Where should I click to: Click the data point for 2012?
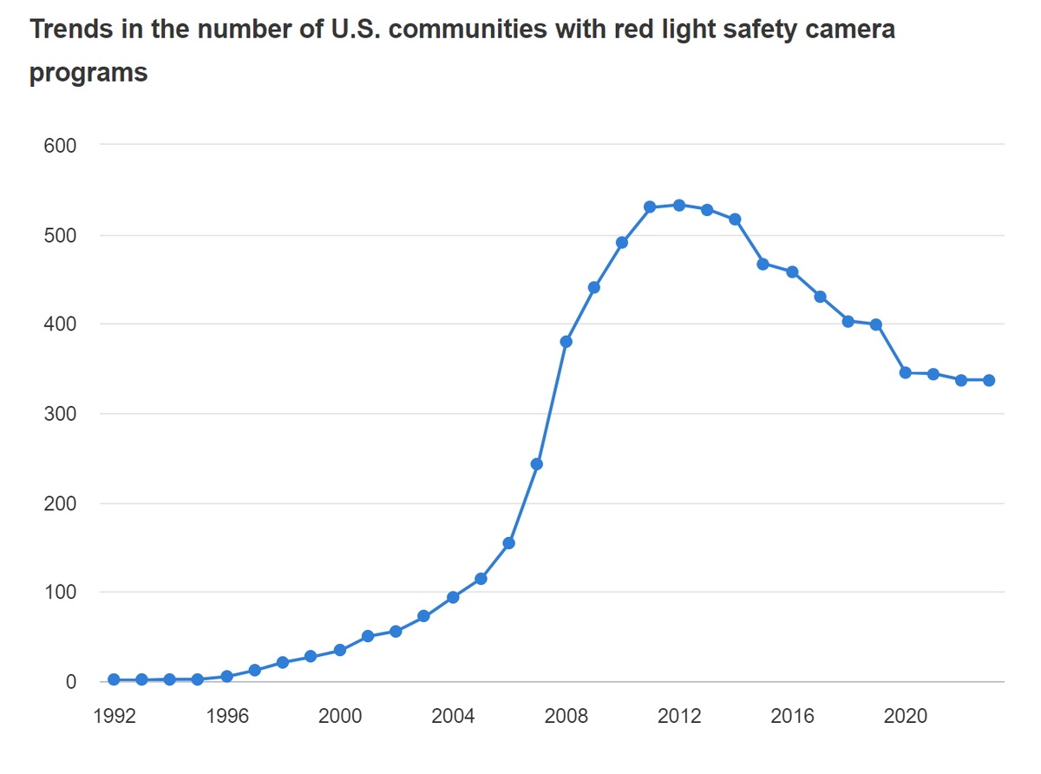coord(679,205)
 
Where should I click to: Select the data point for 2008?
coord(566,341)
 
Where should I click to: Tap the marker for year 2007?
coord(537,464)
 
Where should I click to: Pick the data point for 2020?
coord(906,372)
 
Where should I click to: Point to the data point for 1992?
coord(114,679)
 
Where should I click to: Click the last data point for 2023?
coord(989,380)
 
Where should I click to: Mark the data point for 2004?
coord(453,597)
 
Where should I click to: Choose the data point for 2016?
coord(792,272)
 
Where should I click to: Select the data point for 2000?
coord(340,650)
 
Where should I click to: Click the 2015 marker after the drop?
coord(763,264)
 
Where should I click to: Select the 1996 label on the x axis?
coord(226,717)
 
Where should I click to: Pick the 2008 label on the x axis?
coord(566,717)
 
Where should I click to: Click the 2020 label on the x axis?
coord(906,717)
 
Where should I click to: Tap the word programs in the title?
coord(88,73)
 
